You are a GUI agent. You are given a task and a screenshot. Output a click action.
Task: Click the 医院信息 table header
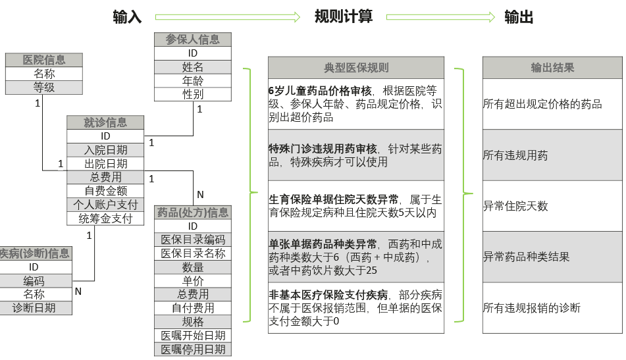point(44,60)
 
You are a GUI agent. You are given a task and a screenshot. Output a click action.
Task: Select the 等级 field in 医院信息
point(44,88)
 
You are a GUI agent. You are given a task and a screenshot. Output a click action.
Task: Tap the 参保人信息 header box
point(193,39)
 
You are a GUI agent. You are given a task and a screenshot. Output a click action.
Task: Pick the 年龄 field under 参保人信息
point(193,81)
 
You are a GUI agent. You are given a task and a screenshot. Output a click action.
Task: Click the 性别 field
point(193,95)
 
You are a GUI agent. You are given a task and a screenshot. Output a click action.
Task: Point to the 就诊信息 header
point(105,122)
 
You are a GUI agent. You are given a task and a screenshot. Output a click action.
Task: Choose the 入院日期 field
point(105,150)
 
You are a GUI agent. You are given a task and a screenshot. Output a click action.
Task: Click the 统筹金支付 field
point(105,219)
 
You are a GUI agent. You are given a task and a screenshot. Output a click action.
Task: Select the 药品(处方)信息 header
point(193,212)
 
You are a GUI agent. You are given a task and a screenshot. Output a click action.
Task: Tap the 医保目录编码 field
point(193,240)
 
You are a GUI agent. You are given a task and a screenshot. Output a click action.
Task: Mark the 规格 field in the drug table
point(193,322)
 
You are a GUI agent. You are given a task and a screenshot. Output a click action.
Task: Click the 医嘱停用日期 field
point(193,349)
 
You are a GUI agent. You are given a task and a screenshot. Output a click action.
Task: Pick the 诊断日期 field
point(34,308)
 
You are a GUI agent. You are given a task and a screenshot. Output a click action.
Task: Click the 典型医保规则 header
point(356,68)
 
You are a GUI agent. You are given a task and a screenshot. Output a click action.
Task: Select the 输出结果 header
point(552,68)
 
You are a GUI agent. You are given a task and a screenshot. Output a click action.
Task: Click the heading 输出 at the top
point(519,16)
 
